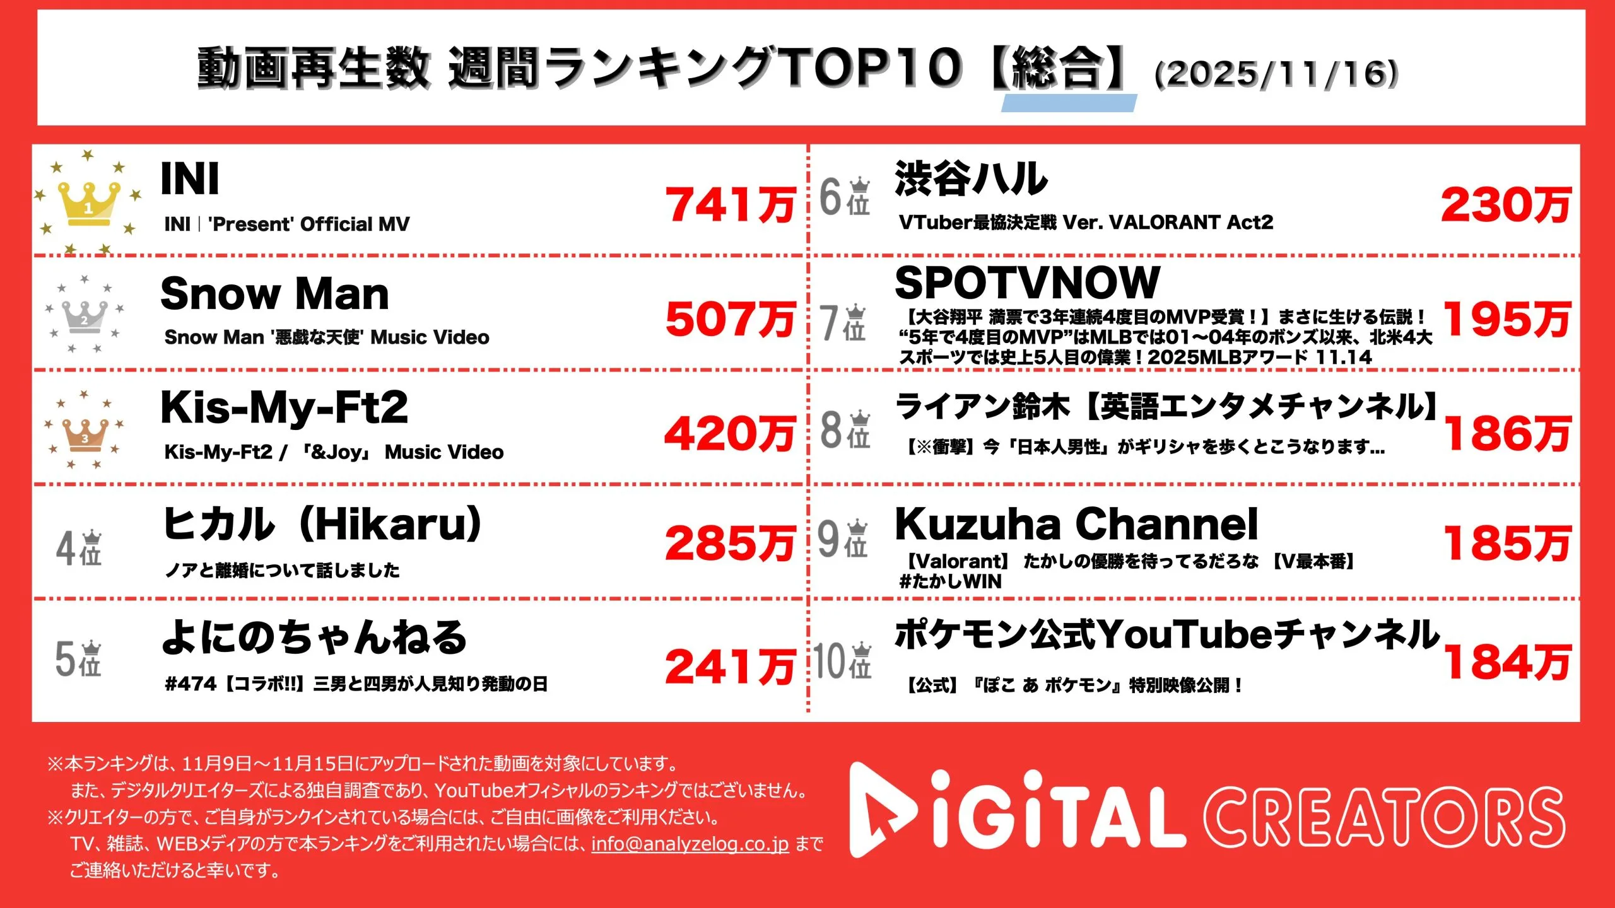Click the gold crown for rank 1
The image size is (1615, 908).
click(x=88, y=203)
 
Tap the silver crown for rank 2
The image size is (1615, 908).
click(x=85, y=316)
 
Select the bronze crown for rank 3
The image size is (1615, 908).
click(x=85, y=434)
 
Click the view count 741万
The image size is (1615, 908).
click(x=730, y=206)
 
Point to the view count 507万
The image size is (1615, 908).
click(x=730, y=319)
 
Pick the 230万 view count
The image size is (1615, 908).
click(x=1505, y=206)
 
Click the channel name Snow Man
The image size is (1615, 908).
click(x=275, y=294)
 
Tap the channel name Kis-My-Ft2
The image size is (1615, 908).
click(x=285, y=407)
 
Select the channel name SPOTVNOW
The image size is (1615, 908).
click(x=1027, y=282)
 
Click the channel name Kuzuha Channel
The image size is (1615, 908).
click(x=1076, y=524)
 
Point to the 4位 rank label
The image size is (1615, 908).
click(x=79, y=547)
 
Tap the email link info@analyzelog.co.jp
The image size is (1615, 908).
click(x=690, y=844)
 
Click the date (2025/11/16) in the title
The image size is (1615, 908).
click(x=1276, y=74)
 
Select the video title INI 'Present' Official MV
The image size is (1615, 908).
click(x=287, y=224)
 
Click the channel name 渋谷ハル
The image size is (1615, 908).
click(x=971, y=178)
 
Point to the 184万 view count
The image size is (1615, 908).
click(x=1506, y=662)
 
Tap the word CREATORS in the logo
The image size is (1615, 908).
click(x=1385, y=818)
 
